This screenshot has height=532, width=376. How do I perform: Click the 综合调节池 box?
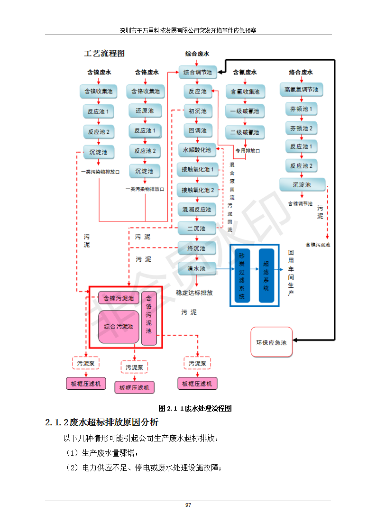(197, 73)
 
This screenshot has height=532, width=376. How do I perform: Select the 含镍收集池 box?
(98, 92)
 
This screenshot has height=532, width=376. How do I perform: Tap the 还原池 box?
(144, 111)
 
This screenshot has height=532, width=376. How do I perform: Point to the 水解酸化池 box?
(197, 150)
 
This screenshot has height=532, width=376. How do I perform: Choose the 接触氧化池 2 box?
(197, 190)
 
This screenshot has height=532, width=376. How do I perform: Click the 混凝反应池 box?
(197, 209)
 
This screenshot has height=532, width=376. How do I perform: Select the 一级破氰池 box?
(245, 111)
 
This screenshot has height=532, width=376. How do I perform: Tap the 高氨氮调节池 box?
(301, 89)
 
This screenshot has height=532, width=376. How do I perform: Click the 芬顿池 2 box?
(301, 128)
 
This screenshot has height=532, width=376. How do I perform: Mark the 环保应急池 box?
(272, 342)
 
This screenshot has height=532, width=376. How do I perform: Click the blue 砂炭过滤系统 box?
(242, 275)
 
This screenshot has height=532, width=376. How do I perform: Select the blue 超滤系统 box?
(266, 275)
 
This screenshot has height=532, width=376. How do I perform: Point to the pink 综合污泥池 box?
(119, 327)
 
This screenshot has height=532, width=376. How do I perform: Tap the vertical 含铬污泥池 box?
(149, 318)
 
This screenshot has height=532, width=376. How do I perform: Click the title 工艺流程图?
(104, 54)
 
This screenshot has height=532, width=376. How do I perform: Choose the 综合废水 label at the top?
(197, 54)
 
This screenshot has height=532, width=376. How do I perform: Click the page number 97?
(188, 505)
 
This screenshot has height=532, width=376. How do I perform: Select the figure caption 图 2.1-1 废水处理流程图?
(195, 408)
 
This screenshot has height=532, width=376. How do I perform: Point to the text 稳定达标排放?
(194, 293)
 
